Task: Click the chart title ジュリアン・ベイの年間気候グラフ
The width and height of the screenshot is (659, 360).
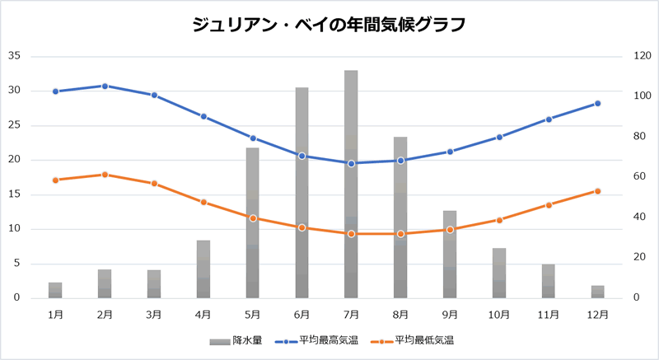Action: click(x=329, y=25)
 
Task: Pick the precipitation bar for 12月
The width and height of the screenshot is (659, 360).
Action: click(x=598, y=292)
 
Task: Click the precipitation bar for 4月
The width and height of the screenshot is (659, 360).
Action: click(x=203, y=269)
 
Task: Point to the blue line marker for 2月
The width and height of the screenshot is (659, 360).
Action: click(x=105, y=86)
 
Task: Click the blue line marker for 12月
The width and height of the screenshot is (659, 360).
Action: click(x=598, y=103)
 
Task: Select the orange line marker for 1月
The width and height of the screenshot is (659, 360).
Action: click(x=55, y=180)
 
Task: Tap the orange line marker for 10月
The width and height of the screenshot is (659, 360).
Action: click(x=499, y=220)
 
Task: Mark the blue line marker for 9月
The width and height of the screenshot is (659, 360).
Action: click(x=450, y=152)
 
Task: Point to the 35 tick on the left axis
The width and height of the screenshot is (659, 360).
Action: click(x=14, y=56)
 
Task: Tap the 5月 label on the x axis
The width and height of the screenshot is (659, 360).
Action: click(x=253, y=314)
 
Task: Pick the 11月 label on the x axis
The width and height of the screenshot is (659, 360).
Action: click(x=549, y=314)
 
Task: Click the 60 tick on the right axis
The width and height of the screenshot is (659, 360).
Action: click(x=630, y=177)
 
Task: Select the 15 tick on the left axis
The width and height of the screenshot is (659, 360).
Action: click(x=14, y=194)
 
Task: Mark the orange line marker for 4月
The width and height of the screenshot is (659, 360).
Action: click(x=203, y=202)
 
